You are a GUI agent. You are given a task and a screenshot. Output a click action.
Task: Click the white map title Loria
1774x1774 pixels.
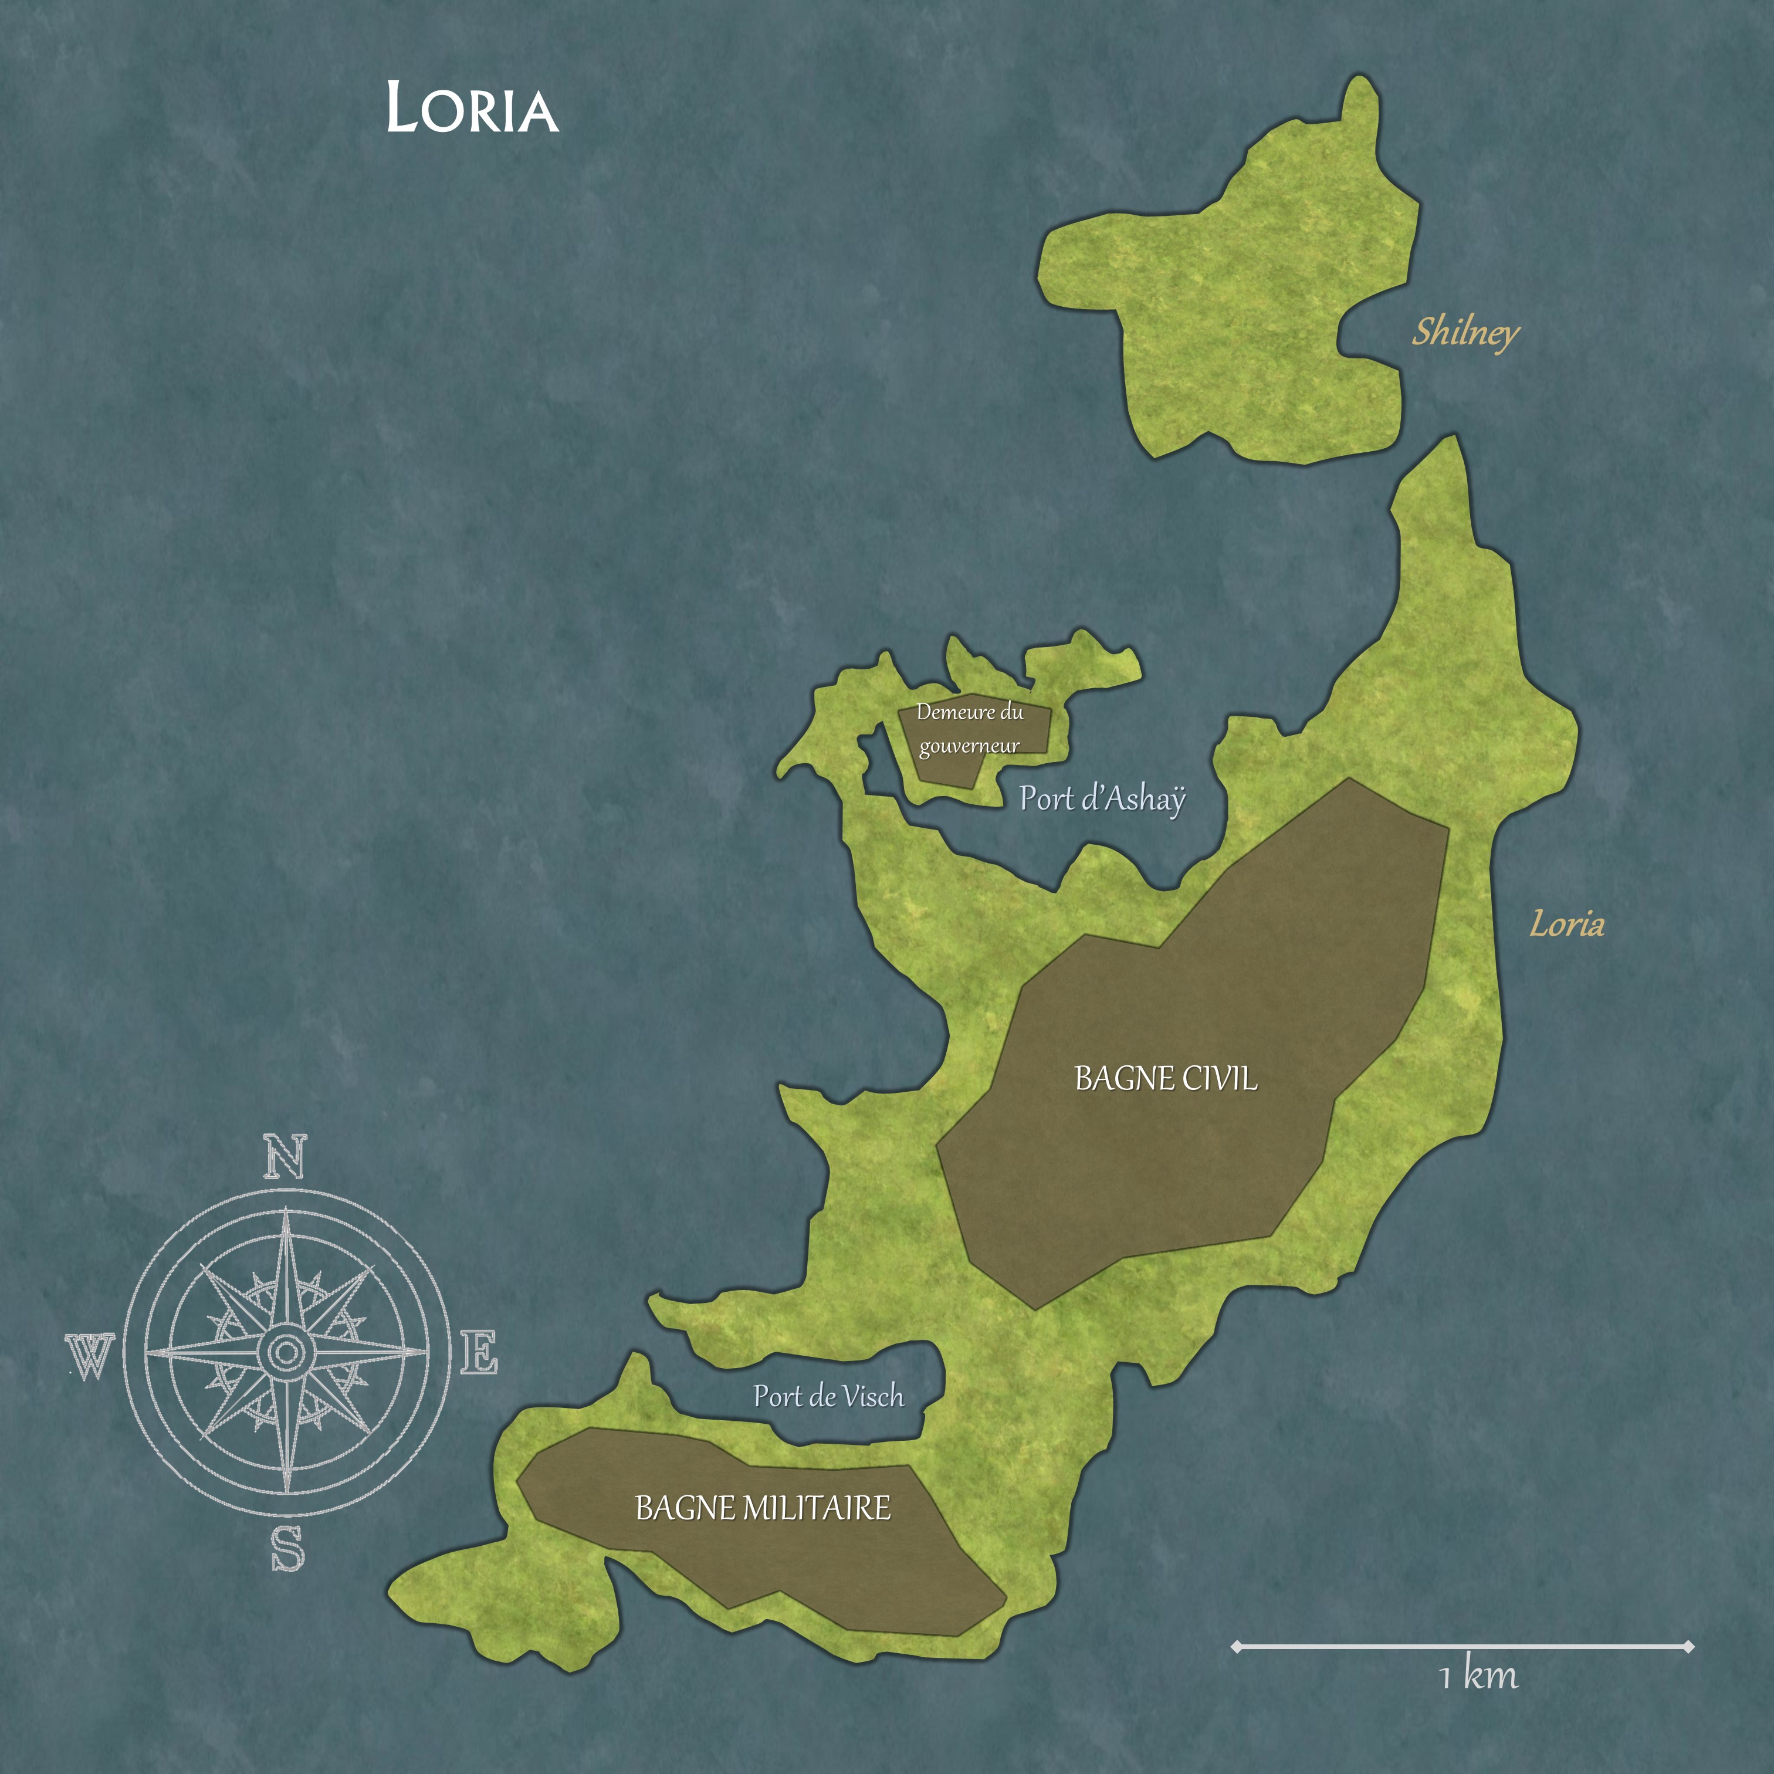472,109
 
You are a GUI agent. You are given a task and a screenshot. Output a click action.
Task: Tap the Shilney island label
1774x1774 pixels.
1465,333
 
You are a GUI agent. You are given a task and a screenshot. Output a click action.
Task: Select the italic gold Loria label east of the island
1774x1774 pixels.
1566,924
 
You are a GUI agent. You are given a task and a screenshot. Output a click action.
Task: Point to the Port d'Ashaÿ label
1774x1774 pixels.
1102,799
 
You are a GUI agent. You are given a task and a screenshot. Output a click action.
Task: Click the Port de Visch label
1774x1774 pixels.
828,1397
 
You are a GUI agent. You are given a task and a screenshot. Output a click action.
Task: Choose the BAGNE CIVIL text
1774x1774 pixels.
1165,1078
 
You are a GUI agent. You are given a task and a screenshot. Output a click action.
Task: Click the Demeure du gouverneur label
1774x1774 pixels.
970,728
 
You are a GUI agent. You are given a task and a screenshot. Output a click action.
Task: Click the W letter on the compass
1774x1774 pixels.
90,1357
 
